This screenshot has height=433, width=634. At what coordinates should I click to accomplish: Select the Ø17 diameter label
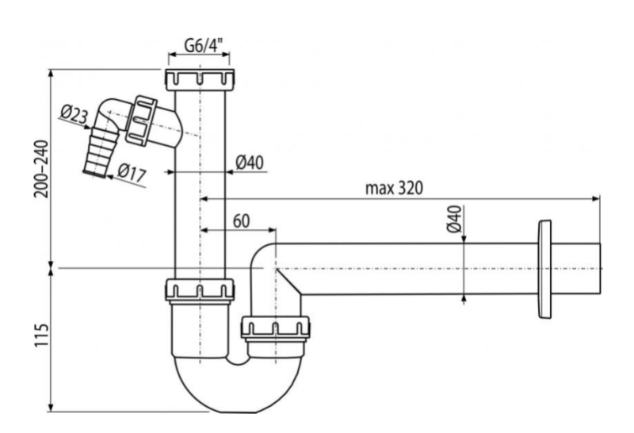(132, 172)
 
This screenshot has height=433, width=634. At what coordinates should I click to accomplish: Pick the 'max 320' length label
(394, 188)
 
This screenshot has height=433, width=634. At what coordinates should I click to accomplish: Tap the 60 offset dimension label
(241, 218)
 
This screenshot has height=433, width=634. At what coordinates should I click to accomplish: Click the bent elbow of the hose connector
(110, 111)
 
